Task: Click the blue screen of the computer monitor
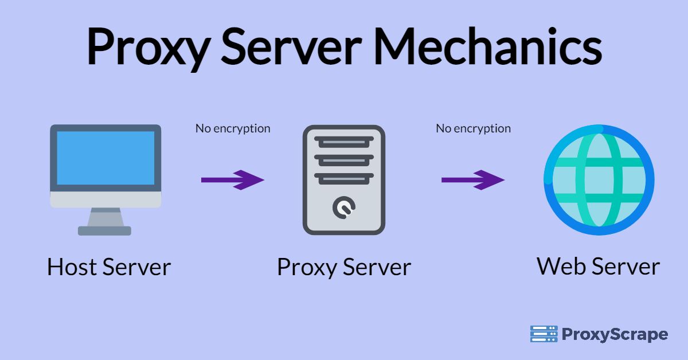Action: (105, 158)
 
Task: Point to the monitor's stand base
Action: (104, 230)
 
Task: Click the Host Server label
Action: (109, 267)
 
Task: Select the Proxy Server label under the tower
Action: (344, 267)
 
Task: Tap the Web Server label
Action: (598, 266)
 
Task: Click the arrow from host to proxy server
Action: (232, 180)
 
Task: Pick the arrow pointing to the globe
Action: (472, 180)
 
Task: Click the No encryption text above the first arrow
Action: (233, 128)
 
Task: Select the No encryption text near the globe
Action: (473, 128)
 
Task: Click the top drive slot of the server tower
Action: (344, 141)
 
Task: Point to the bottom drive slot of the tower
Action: (344, 178)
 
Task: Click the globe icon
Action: (599, 180)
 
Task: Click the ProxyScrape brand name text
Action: (614, 334)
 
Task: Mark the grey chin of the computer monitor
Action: (105, 199)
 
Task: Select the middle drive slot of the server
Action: (344, 159)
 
